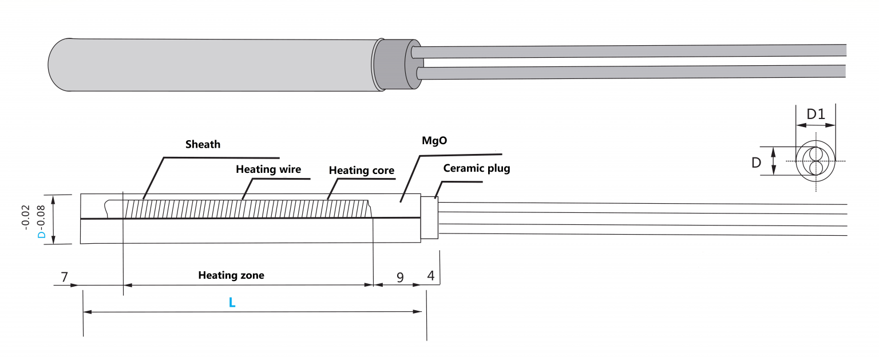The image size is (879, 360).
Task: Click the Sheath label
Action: click(203, 144)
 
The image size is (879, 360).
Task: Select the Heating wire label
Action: click(268, 169)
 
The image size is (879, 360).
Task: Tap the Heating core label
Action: click(361, 171)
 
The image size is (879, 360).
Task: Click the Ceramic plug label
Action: click(476, 169)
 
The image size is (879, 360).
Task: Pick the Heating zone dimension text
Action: click(231, 275)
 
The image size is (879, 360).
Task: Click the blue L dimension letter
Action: click(232, 303)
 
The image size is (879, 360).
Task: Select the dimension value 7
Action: click(65, 278)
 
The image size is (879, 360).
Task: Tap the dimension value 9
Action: click(400, 278)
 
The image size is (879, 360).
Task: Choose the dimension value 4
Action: click(431, 275)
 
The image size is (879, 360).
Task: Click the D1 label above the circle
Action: click(815, 114)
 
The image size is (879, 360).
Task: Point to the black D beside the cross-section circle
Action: click(757, 163)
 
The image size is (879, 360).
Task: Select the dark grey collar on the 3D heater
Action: click(395, 64)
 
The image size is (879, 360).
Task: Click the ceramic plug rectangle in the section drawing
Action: click(429, 217)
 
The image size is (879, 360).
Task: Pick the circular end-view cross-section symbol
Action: click(815, 161)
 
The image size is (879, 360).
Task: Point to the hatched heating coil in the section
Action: click(246, 208)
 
